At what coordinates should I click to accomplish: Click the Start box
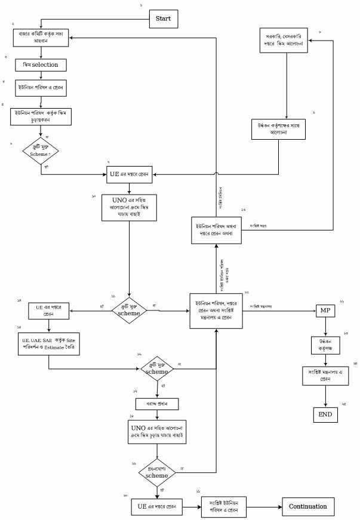click(x=163, y=19)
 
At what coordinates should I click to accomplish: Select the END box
click(x=325, y=414)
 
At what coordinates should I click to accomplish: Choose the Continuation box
click(x=307, y=506)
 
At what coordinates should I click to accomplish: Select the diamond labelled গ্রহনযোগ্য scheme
click(x=158, y=472)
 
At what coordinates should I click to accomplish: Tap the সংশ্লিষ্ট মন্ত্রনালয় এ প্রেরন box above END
click(x=325, y=376)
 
